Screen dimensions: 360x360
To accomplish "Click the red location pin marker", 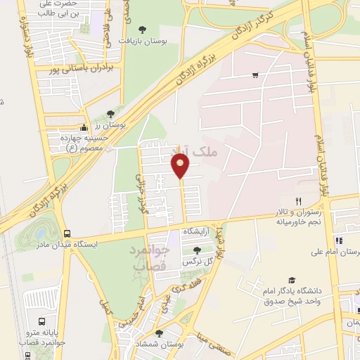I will click(181, 166).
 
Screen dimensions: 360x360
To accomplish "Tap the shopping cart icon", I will click(255, 75).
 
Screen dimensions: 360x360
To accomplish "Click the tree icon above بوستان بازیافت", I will click(143, 30).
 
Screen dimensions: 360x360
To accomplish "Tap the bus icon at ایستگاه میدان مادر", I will click(67, 233).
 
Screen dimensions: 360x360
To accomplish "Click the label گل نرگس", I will click(198, 261).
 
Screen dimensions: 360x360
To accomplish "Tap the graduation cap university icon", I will click(292, 280).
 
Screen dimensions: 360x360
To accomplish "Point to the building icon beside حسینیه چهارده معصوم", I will click(84, 128).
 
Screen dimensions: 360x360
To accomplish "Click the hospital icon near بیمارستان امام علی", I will click(338, 240).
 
